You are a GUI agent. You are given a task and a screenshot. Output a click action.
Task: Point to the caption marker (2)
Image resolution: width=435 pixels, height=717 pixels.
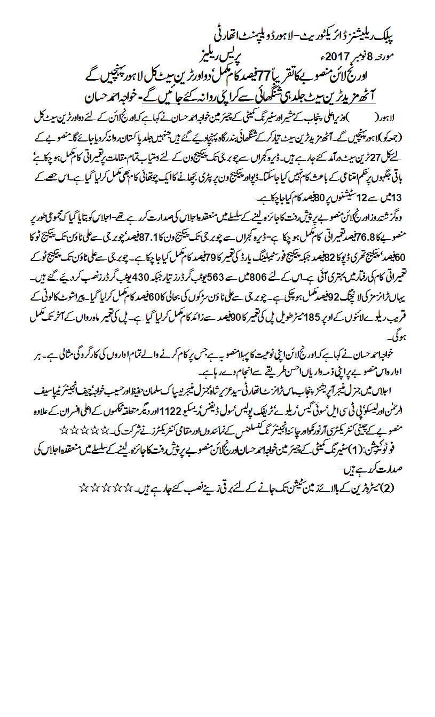click(x=388, y=487)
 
